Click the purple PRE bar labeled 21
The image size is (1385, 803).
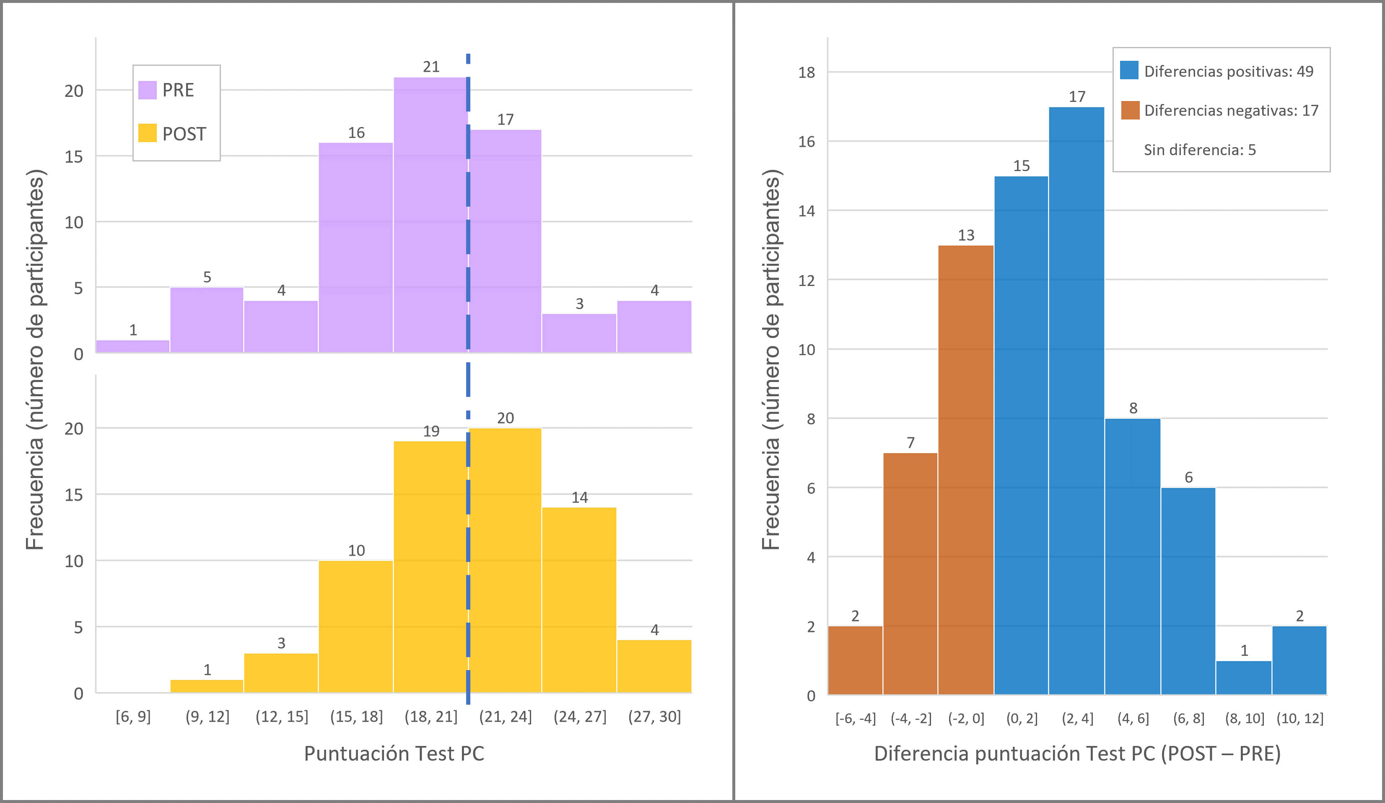click(x=431, y=214)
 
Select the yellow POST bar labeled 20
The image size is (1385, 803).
click(x=505, y=561)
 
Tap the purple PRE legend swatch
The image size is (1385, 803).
click(x=147, y=90)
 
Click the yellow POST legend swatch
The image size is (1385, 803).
click(x=147, y=133)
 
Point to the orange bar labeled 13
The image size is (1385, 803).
click(x=966, y=470)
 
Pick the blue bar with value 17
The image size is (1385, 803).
click(x=1076, y=401)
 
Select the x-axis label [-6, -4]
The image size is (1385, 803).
click(x=855, y=718)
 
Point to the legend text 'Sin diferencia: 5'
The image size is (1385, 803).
click(x=1200, y=150)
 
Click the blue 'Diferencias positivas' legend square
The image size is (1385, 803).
click(x=1129, y=70)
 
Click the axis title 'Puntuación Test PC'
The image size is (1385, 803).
click(x=394, y=754)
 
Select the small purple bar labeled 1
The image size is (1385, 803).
click(x=133, y=346)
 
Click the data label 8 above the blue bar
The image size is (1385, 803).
click(x=1133, y=408)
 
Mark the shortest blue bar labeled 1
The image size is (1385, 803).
click(x=1244, y=678)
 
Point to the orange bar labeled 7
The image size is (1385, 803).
click(x=910, y=574)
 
